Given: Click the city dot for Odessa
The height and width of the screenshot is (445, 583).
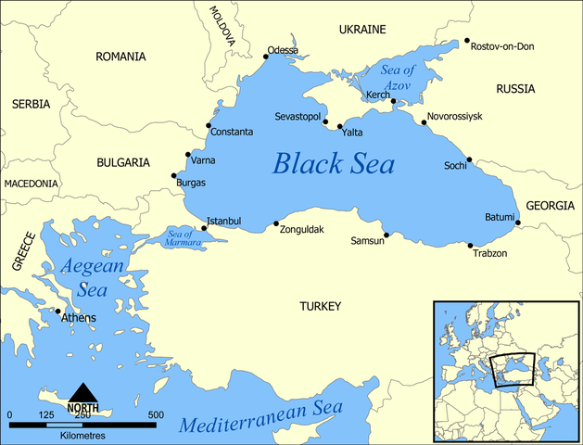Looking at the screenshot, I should click(266, 57).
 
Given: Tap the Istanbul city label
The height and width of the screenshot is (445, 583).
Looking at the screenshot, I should click(222, 221).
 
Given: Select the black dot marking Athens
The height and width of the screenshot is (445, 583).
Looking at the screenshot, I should click(58, 311).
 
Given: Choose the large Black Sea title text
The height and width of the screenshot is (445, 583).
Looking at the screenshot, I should click(333, 165).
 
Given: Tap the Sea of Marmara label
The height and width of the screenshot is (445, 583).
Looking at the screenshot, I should click(184, 237).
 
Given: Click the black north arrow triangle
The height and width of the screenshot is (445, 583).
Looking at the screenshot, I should click(83, 393).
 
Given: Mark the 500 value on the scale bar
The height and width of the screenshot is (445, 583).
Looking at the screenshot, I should click(155, 414).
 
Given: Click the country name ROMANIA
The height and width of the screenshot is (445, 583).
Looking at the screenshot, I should click(120, 57).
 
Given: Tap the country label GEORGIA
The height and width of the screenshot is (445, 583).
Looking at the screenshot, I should click(551, 206).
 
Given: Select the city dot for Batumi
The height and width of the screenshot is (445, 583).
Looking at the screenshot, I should click(517, 222).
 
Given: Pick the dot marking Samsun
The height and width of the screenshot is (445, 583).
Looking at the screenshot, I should click(387, 235).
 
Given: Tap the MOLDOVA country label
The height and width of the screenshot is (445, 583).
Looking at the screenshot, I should click(222, 27).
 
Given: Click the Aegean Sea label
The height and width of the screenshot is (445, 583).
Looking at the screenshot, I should click(92, 277).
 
